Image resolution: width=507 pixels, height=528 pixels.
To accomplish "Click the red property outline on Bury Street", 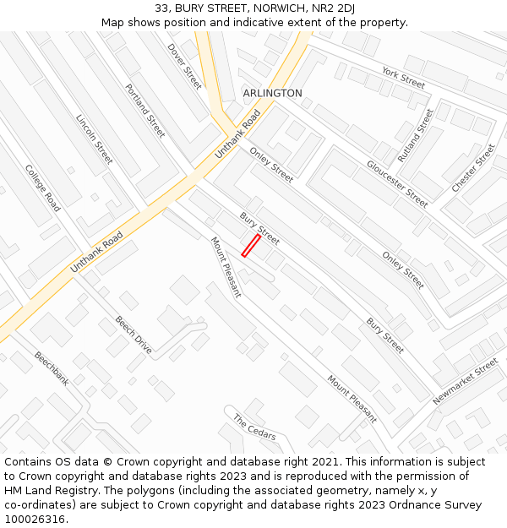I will click(251, 245).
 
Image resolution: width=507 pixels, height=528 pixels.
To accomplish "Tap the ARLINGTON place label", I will click(272, 93).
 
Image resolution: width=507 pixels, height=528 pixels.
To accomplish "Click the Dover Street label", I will click(184, 66).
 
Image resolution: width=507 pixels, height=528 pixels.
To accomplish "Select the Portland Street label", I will click(144, 111).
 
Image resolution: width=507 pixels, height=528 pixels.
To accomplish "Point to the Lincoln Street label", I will click(94, 139).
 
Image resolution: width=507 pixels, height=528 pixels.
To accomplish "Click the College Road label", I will click(42, 188).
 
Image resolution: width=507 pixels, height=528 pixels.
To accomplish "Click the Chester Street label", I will click(473, 168).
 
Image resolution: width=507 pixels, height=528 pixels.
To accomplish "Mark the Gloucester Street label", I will click(396, 182).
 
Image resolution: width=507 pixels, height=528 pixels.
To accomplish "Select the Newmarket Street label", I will click(466, 382).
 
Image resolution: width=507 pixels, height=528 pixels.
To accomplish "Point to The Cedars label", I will click(253, 427).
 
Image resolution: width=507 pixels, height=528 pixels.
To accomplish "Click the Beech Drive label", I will click(134, 335).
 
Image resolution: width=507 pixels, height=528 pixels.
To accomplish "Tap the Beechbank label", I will click(51, 369).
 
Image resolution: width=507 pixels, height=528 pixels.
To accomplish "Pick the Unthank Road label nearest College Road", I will click(96, 251).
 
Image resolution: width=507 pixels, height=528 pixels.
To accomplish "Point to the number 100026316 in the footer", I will click(35, 520).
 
